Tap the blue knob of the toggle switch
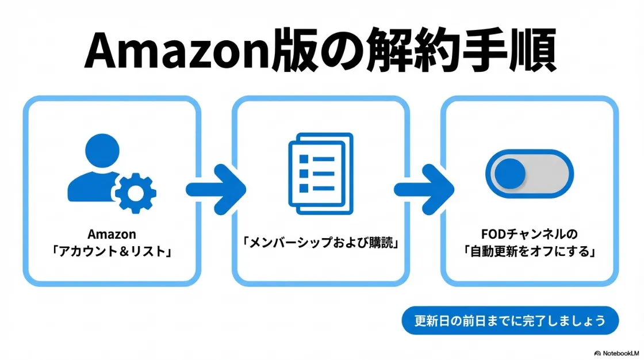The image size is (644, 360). pyautogui.click(x=509, y=173)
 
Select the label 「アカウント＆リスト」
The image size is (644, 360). pyautogui.click(x=112, y=251)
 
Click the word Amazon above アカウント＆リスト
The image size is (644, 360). pyautogui.click(x=112, y=235)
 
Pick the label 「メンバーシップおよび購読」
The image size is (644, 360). pyautogui.click(x=321, y=243)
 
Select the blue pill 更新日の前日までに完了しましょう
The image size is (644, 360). pyautogui.click(x=509, y=320)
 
